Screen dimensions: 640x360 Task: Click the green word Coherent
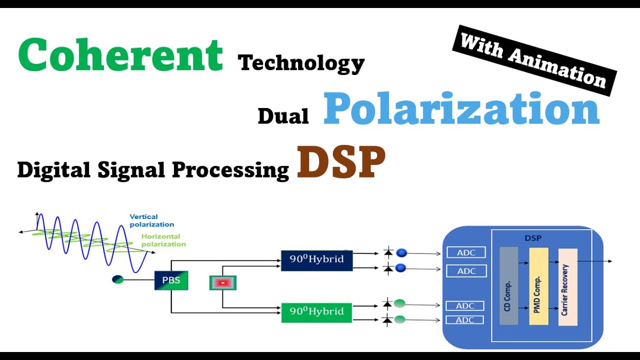120,54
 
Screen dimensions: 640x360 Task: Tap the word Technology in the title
301,63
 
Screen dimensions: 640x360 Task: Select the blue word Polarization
461,108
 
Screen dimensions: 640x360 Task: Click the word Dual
283,116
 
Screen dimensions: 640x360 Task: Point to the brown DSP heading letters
341,162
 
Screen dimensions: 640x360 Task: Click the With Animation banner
534,60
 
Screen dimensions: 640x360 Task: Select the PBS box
171,280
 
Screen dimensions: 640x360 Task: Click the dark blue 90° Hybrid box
317,260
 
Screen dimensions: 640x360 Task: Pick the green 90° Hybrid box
316,312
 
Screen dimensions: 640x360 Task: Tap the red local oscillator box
223,283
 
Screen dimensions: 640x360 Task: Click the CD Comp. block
508,285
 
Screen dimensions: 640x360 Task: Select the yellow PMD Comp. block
538,286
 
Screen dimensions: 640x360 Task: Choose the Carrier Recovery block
567,287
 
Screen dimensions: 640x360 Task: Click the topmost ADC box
466,252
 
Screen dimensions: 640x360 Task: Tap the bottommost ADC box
465,320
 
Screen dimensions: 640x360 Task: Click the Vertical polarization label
151,220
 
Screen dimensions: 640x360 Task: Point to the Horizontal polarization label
163,240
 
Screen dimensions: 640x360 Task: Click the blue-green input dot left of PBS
118,279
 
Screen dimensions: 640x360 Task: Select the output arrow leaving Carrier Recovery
594,261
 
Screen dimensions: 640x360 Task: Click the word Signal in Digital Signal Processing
131,170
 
